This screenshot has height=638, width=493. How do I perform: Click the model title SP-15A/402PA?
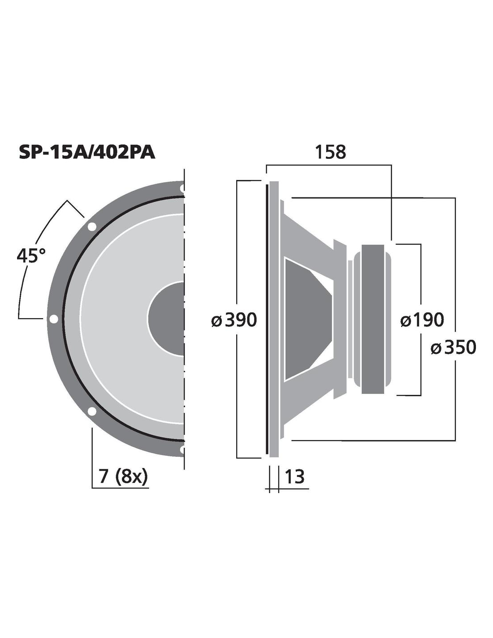pyautogui.click(x=87, y=153)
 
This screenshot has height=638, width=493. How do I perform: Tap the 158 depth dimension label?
pyautogui.click(x=330, y=153)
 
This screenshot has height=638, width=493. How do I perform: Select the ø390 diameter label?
pyautogui.click(x=234, y=320)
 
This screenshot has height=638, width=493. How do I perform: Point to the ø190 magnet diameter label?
pyautogui.click(x=422, y=320)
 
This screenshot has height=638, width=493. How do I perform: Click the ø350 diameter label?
pyautogui.click(x=453, y=347)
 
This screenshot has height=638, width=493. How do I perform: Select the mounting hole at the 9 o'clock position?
pyautogui.click(x=54, y=319)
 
